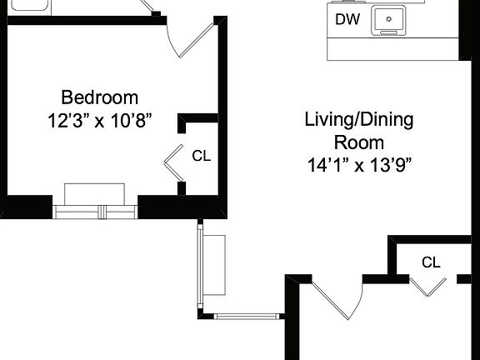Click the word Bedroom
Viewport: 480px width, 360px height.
tap(99, 97)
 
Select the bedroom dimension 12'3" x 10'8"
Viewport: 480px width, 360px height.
tap(99, 120)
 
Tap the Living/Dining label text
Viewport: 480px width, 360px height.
tap(357, 119)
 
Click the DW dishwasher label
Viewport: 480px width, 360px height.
tap(347, 19)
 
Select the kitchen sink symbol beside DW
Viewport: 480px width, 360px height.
tap(389, 20)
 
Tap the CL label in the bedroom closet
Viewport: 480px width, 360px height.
tap(202, 155)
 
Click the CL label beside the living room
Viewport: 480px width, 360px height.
tap(430, 262)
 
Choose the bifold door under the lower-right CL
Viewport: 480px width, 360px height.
tap(429, 287)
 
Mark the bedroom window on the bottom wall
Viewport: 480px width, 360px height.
tap(95, 211)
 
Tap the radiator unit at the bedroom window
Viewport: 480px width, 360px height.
tap(95, 192)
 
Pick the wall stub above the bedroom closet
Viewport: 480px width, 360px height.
tap(197, 120)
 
